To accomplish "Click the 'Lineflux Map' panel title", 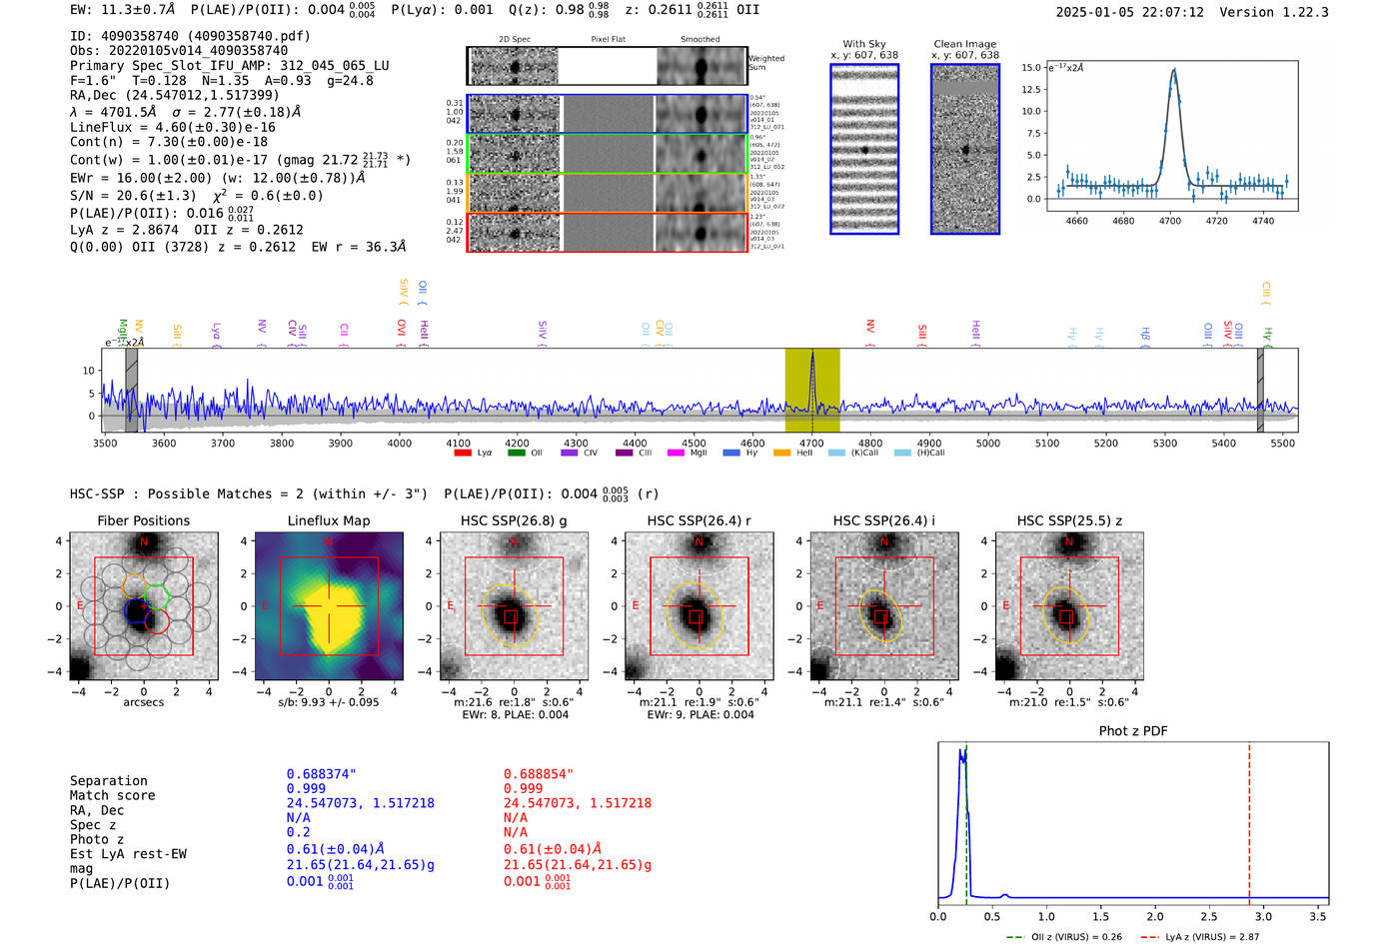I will click(x=329, y=520).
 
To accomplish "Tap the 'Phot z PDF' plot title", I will click(x=1133, y=730).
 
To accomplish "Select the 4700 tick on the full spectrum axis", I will click(x=811, y=443).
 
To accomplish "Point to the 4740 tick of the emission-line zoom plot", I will click(x=1263, y=221).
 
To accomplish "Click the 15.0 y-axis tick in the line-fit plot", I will click(x=1030, y=68).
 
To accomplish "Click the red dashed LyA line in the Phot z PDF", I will click(x=1249, y=819).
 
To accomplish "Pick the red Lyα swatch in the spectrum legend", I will click(x=463, y=453).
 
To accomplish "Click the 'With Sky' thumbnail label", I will click(x=864, y=44).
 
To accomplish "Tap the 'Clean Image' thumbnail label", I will click(x=965, y=44).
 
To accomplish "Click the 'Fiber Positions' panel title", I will click(x=144, y=520).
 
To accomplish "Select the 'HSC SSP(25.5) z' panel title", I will click(x=1069, y=520).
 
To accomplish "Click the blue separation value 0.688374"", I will click(x=322, y=774).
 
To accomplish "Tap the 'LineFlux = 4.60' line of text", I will click(x=173, y=127).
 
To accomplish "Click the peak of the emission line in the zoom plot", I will click(x=1174, y=70).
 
